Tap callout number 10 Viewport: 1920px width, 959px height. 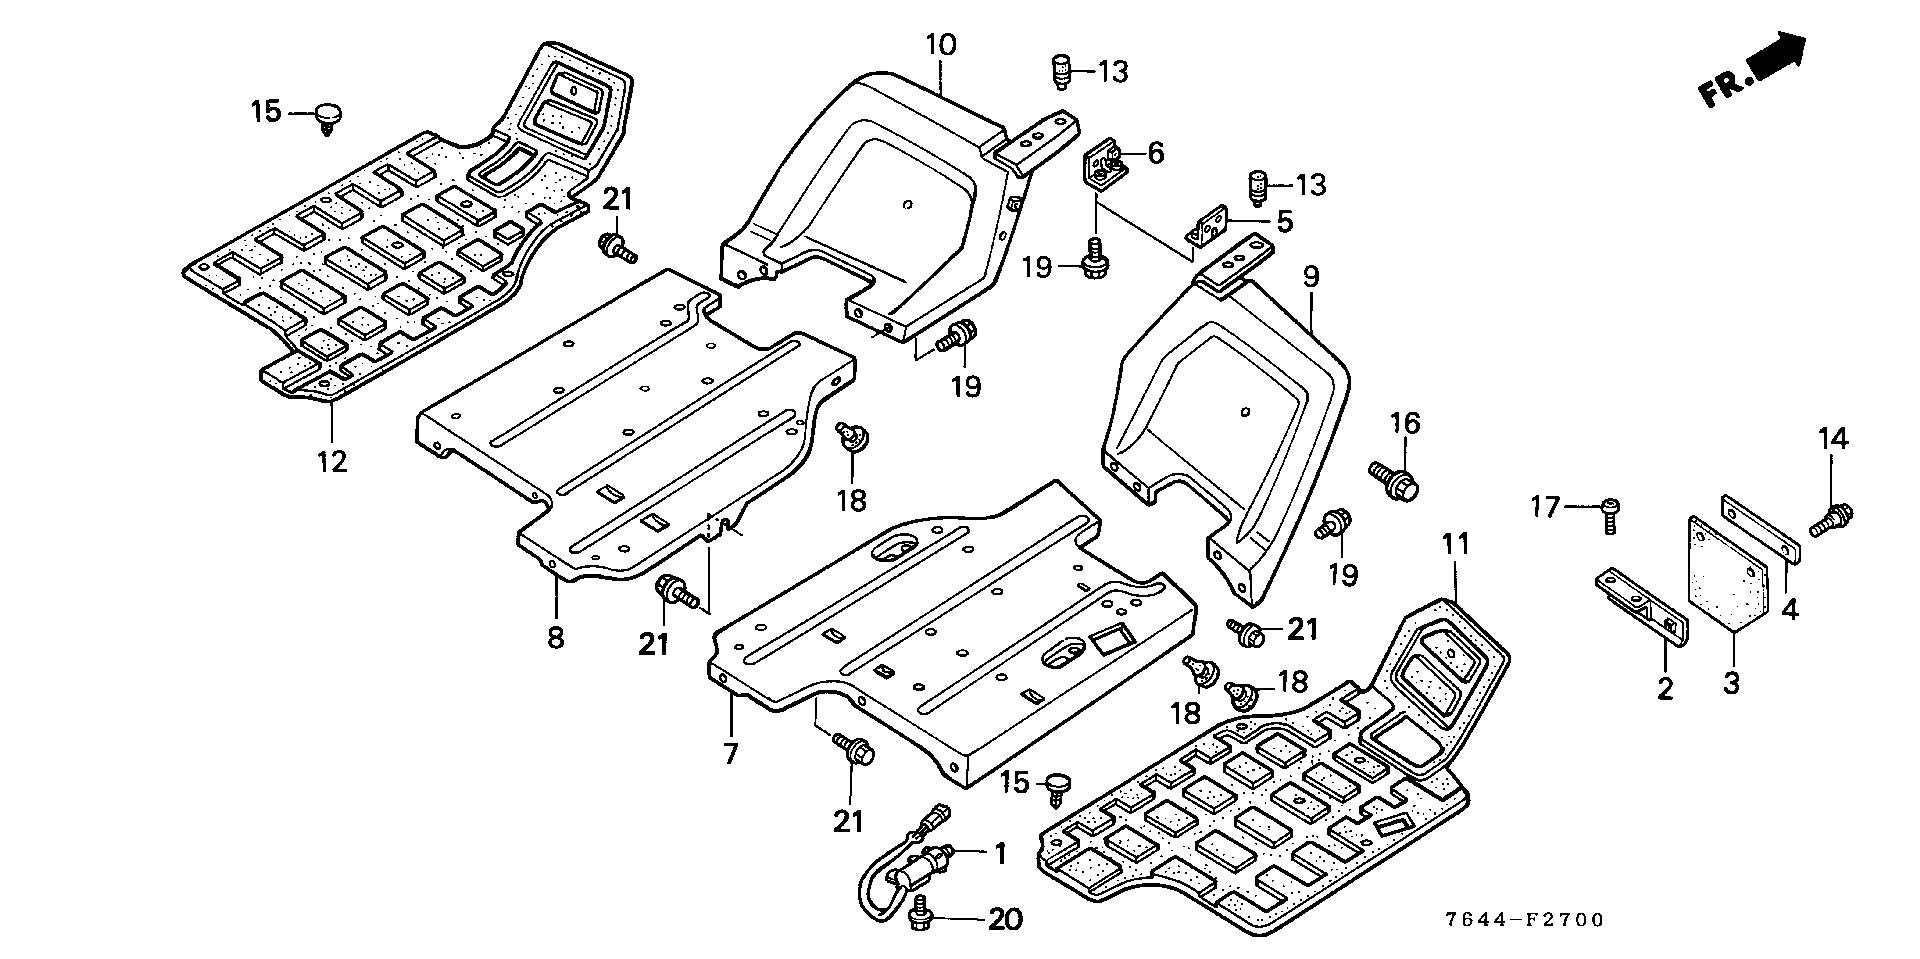940,45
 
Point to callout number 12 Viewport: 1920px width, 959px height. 332,462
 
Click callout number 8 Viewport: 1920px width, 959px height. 555,637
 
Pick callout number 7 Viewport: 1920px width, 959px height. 731,753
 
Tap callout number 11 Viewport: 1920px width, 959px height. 1455,546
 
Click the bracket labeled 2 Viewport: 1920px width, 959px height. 1640,610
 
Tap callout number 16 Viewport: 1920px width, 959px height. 1405,424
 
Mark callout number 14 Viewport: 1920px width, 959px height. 1833,439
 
